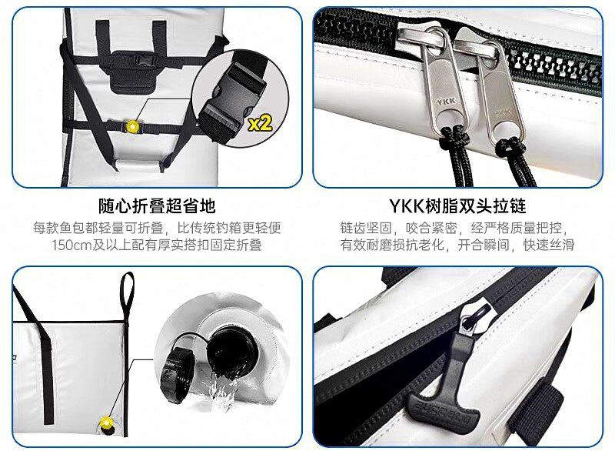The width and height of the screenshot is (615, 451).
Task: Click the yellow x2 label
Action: pyautogui.click(x=261, y=123)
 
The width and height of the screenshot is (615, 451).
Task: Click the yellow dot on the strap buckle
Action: pyautogui.click(x=132, y=127)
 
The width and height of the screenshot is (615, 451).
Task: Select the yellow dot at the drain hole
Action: pyautogui.click(x=107, y=423)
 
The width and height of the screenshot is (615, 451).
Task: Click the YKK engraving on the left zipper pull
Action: pyautogui.click(x=446, y=102)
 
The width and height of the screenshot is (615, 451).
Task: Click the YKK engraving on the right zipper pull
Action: pyautogui.click(x=502, y=112)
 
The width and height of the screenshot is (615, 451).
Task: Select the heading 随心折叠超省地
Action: pyautogui.click(x=157, y=206)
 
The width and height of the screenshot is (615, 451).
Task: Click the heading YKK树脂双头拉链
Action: pyautogui.click(x=457, y=206)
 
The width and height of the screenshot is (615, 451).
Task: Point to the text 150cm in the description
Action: pyautogui.click(x=71, y=245)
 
